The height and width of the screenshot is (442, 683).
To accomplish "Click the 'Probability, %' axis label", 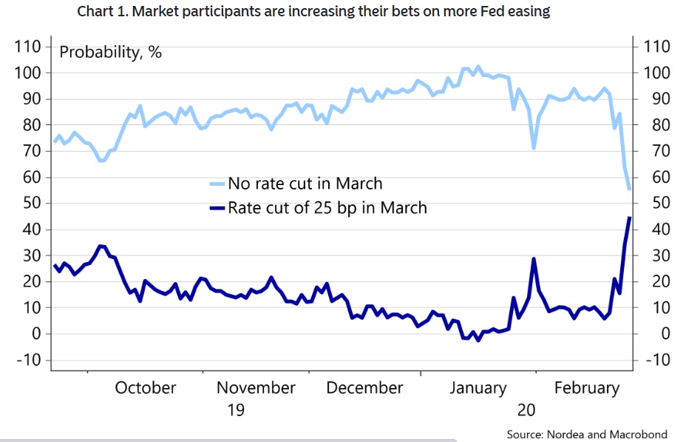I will tap(110, 53).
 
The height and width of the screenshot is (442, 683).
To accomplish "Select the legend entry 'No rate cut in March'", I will tap(305, 183).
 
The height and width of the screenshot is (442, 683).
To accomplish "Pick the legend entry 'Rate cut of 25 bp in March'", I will tap(327, 207).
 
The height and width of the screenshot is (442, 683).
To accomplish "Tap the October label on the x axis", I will tap(145, 388).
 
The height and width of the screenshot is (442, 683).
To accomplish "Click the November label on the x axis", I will tap(256, 388).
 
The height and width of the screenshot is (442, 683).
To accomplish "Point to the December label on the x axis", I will tap(364, 388).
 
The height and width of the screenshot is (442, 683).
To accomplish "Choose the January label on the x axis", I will tap(478, 388).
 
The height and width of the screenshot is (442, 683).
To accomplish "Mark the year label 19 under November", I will tap(237, 409).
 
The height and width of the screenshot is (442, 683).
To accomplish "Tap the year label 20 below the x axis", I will tap(526, 409).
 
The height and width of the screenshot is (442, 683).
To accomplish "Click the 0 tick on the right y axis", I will tap(650, 334).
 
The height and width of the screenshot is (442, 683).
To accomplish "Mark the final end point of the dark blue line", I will tap(629, 218).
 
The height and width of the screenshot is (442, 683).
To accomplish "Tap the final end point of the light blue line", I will tap(629, 190).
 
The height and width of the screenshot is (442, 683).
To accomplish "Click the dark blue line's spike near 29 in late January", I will tap(534, 259).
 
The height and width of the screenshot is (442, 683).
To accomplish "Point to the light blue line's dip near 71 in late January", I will tap(534, 149).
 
